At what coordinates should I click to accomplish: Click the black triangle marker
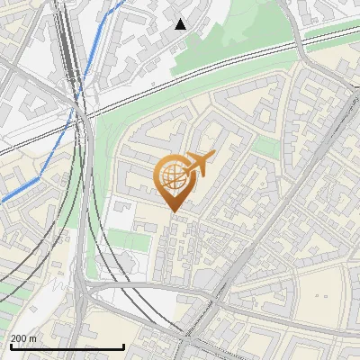click(x=181, y=23)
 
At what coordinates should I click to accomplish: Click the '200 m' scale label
click(x=23, y=338)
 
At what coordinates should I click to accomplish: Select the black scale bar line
click(x=67, y=347)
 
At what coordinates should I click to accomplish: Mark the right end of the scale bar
click(x=123, y=347)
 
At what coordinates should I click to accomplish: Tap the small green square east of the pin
click(x=265, y=147)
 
